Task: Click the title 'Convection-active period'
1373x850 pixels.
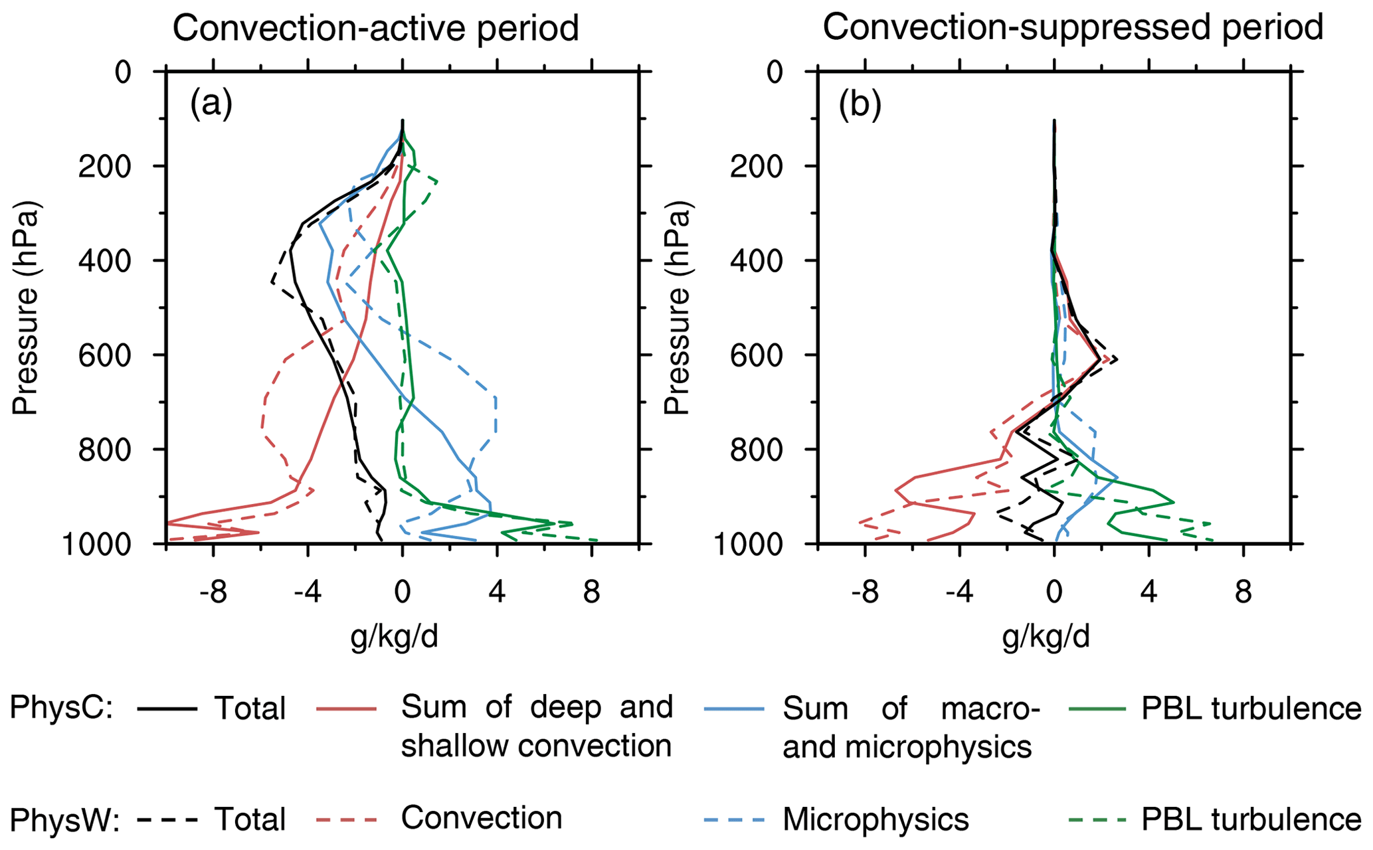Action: [375, 29]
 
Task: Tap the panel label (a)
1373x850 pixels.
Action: [211, 105]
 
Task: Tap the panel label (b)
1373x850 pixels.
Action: [860, 105]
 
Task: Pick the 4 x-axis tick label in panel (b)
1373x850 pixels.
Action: [1149, 592]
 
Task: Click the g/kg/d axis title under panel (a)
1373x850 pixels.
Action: [395, 637]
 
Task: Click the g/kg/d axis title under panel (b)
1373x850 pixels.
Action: [1046, 637]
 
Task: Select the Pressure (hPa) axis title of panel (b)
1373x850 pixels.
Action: [678, 307]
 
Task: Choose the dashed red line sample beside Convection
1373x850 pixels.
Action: [347, 819]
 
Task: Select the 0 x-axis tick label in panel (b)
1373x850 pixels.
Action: [1054, 592]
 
